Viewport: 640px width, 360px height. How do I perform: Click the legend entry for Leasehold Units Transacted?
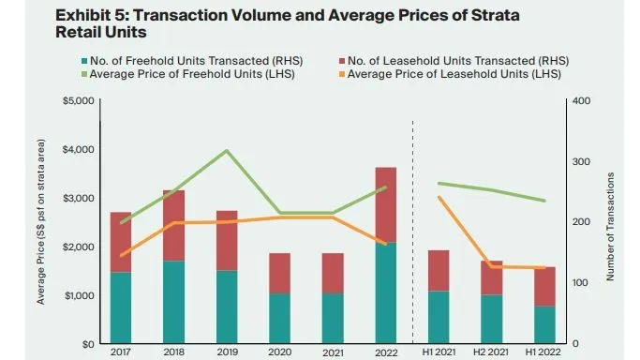coord(450,60)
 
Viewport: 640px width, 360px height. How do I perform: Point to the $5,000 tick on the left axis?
coord(78,100)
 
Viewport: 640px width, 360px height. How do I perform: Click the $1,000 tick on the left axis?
coord(78,295)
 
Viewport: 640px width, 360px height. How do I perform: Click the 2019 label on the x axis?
coord(226,352)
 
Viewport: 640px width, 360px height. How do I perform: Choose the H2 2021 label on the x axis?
coord(492,352)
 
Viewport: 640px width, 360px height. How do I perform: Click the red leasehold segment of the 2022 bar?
coord(385,204)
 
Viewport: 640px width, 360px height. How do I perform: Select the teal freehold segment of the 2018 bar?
coord(172,301)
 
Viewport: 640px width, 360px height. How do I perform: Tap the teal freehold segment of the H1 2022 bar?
coord(544,324)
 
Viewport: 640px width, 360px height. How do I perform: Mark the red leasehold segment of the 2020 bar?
coord(279,273)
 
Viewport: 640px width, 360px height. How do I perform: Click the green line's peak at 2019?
coord(226,150)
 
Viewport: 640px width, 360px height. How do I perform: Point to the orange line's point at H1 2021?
coord(439,197)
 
